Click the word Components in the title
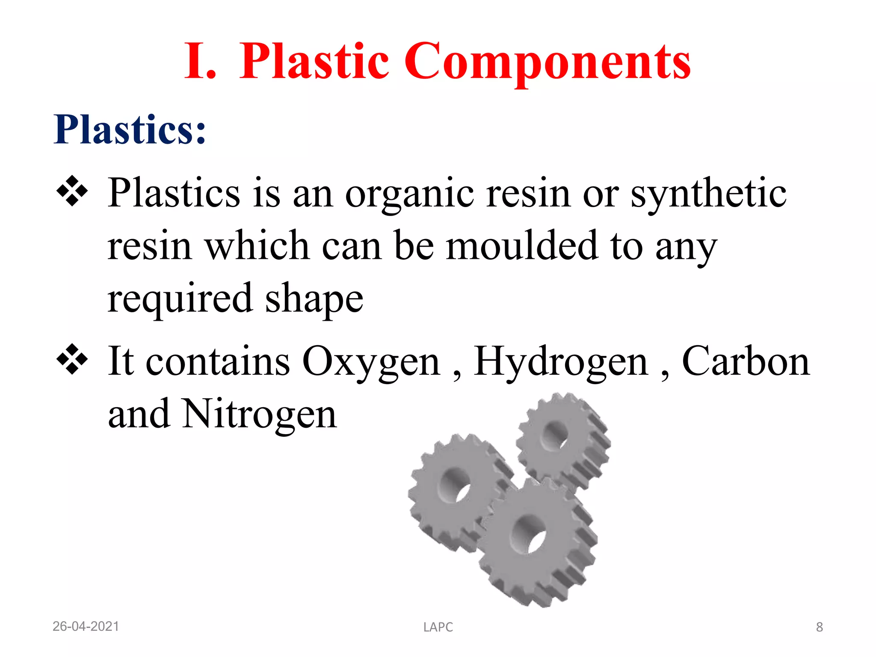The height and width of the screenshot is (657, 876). pyautogui.click(x=547, y=62)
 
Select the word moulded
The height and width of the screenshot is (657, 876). pyautogui.click(x=521, y=246)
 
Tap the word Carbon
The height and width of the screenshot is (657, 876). pyautogui.click(x=746, y=361)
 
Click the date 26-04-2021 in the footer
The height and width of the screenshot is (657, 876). pyautogui.click(x=86, y=627)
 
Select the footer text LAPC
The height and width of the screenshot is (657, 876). pyautogui.click(x=438, y=627)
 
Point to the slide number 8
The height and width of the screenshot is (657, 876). pyautogui.click(x=819, y=627)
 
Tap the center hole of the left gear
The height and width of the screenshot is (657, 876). pyautogui.click(x=457, y=485)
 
